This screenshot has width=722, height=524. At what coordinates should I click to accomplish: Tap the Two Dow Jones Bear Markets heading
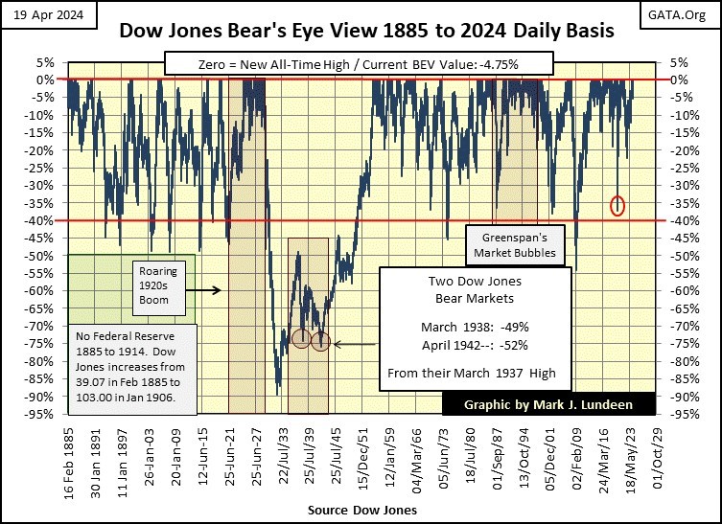(x=474, y=290)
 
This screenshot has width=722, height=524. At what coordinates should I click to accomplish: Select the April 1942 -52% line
(x=474, y=344)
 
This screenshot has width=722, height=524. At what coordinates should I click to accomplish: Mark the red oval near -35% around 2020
(x=617, y=204)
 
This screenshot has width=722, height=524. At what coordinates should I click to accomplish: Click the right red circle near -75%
(x=321, y=342)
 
